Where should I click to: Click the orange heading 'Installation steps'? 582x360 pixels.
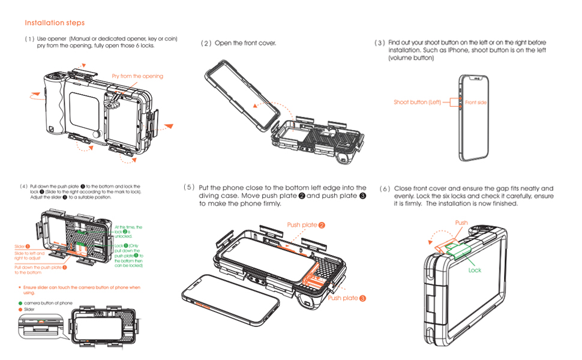coord(55,23)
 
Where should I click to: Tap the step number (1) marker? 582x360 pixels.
coord(29,39)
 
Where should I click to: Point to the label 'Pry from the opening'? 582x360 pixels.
coord(137,76)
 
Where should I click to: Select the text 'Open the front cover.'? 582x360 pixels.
coord(245,43)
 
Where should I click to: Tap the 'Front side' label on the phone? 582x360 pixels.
coord(476,103)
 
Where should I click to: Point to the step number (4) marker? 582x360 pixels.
coord(24,187)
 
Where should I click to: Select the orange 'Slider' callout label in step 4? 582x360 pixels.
coord(22,247)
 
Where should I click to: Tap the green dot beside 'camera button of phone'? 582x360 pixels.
coord(20,303)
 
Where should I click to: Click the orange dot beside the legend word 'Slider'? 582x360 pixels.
coord(20,310)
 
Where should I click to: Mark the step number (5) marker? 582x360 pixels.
coord(190,188)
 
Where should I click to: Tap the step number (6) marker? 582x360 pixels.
coord(385,189)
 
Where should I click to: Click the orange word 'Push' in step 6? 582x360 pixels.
coord(461,223)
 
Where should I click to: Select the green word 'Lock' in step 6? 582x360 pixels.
coord(475,270)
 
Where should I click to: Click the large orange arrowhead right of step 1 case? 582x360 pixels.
coord(169,127)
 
